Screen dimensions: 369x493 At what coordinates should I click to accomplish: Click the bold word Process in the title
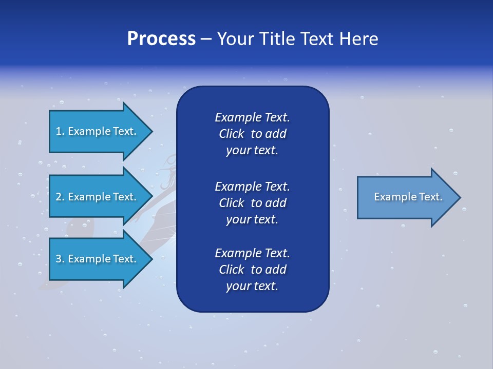(161, 39)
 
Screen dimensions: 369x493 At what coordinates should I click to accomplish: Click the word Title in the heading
(277, 39)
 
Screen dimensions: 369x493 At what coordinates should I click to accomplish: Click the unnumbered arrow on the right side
(406, 197)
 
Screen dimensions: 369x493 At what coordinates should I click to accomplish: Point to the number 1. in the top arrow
(60, 131)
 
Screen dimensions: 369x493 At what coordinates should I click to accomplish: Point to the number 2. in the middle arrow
(60, 197)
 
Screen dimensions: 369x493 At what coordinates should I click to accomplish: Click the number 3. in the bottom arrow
(60, 259)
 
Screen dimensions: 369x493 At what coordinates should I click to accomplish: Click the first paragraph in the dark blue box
(252, 134)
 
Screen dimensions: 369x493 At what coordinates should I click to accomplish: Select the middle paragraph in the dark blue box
(252, 202)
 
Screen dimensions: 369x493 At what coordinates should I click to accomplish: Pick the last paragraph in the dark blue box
(252, 270)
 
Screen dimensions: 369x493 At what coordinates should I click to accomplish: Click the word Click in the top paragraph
(231, 134)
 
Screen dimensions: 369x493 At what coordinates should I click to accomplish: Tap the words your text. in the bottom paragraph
(252, 286)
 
